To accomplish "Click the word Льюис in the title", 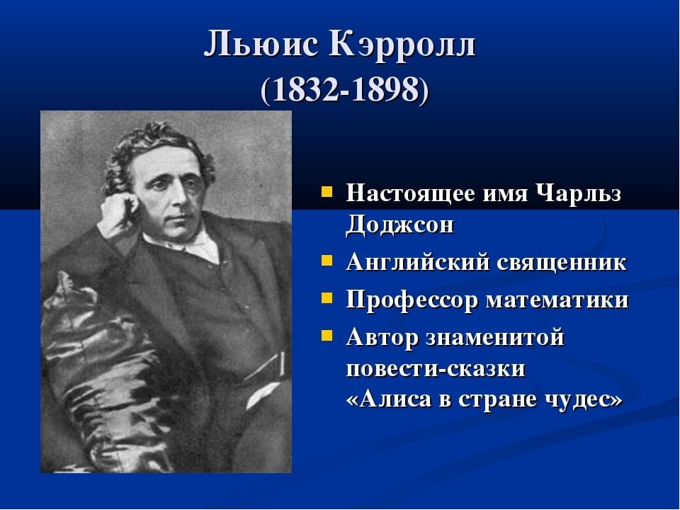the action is (261, 44).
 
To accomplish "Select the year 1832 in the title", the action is (307, 91).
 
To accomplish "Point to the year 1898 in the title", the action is (385, 91).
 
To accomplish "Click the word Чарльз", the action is (579, 193).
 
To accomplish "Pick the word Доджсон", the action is (399, 225).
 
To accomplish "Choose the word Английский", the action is (418, 262).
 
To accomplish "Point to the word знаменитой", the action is (495, 338).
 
